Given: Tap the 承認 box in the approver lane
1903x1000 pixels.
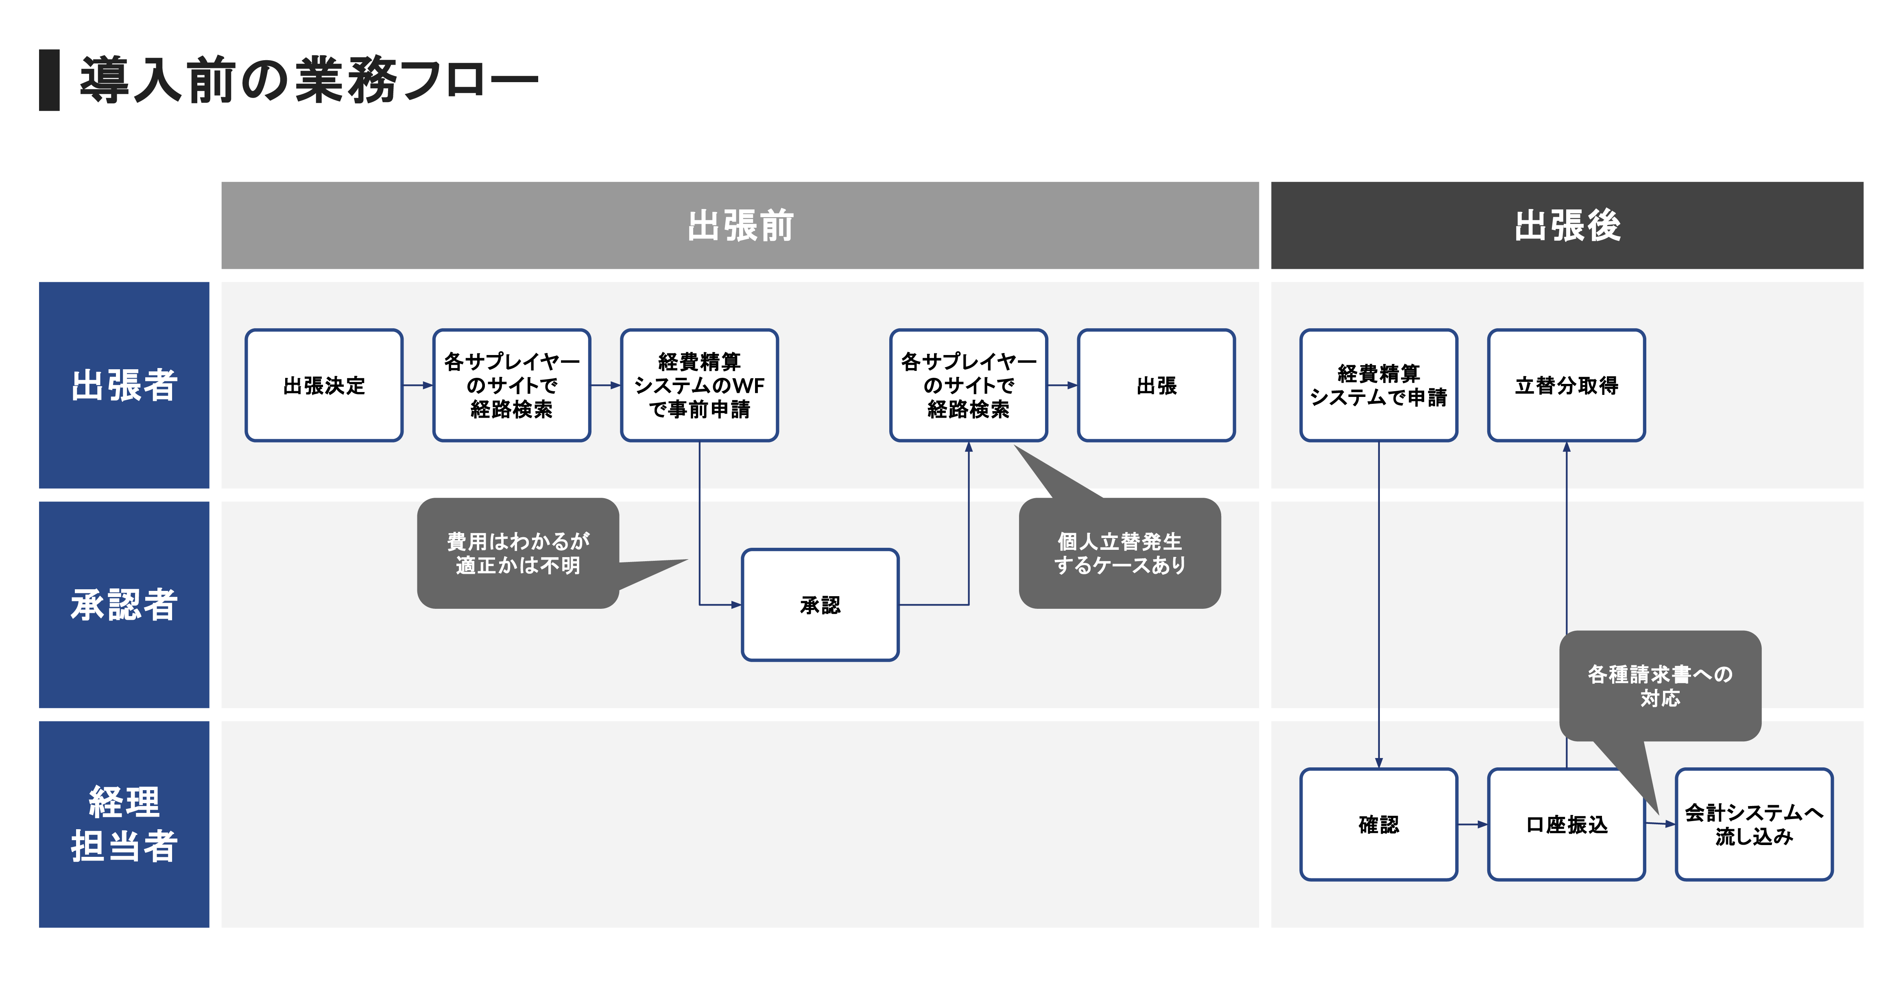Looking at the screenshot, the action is (x=820, y=605).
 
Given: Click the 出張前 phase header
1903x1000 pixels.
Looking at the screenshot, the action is (x=740, y=225).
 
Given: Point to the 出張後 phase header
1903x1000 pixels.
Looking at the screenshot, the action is (x=1567, y=225).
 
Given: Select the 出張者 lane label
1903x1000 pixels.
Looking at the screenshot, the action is (x=124, y=385).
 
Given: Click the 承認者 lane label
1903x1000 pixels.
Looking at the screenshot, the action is (x=124, y=605).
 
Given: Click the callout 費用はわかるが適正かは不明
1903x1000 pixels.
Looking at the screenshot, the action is (x=518, y=553).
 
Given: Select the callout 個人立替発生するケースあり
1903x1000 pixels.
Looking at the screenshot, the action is (x=1119, y=553).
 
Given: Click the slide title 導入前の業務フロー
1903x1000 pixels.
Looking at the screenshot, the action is (x=309, y=80).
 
